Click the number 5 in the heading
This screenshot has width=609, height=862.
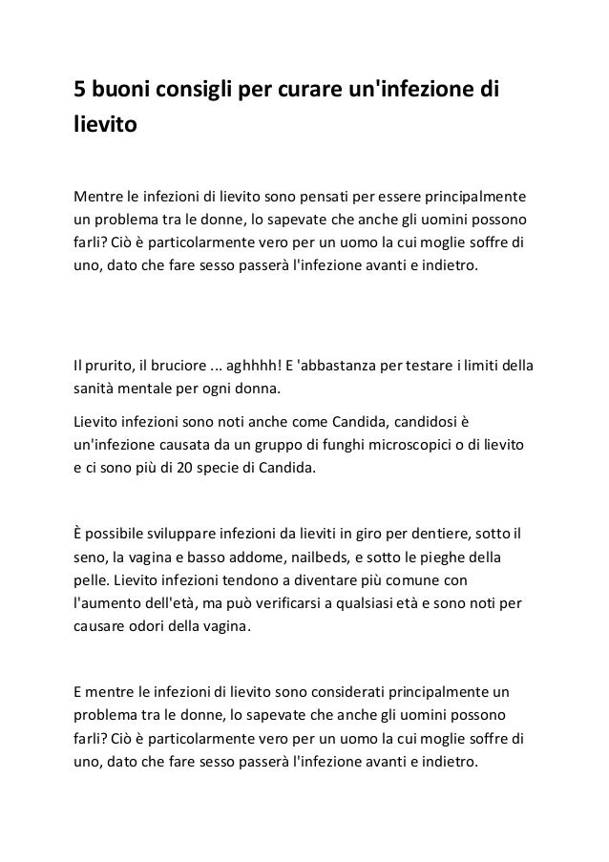[81, 91]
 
